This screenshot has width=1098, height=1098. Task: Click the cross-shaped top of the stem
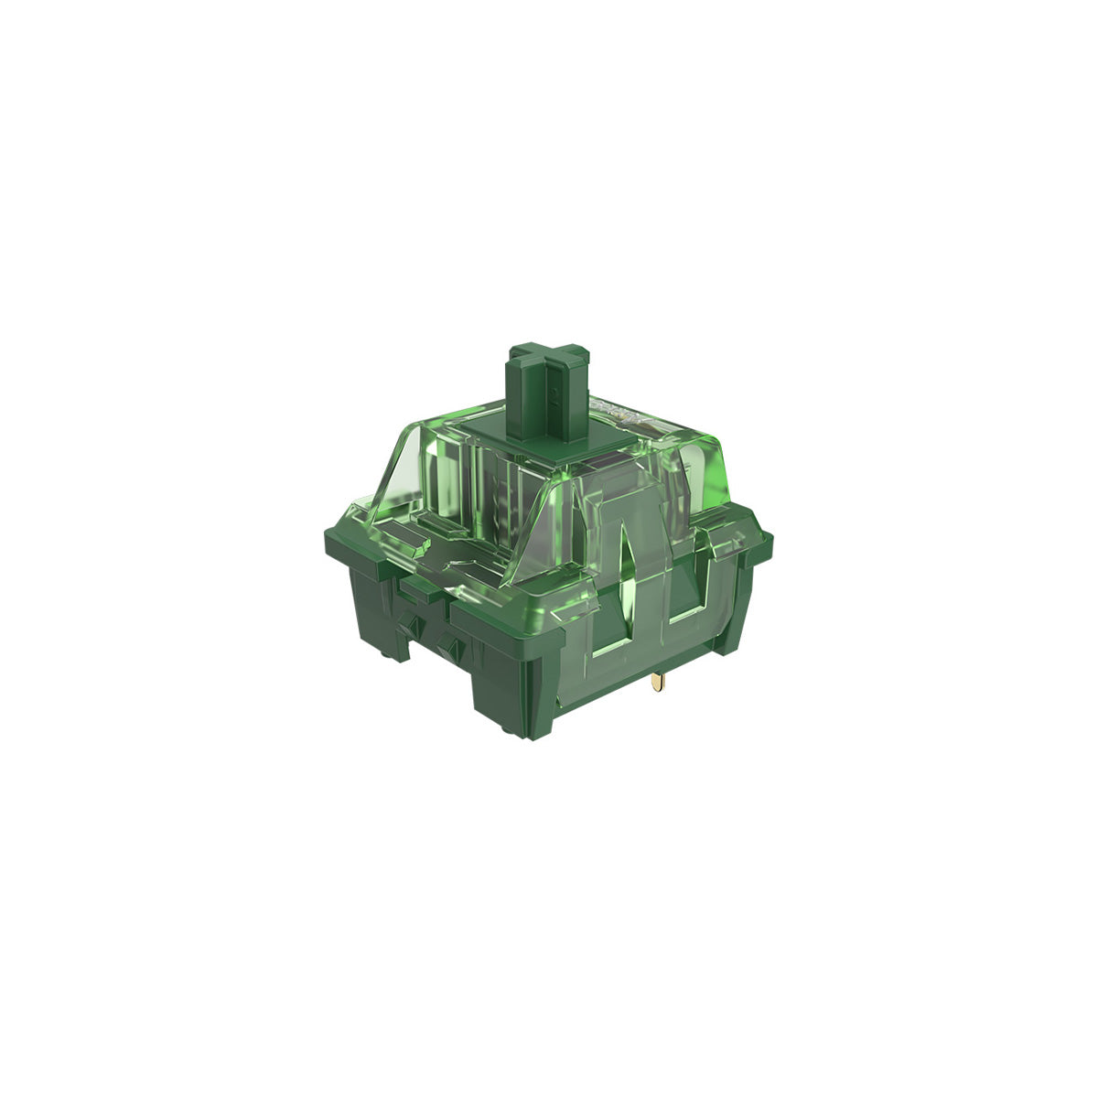coord(547,359)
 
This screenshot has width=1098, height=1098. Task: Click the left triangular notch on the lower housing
coord(414,629)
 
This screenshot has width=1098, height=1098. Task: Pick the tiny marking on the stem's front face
coord(554,397)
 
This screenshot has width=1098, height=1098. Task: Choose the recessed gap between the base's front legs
coord(430,668)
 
